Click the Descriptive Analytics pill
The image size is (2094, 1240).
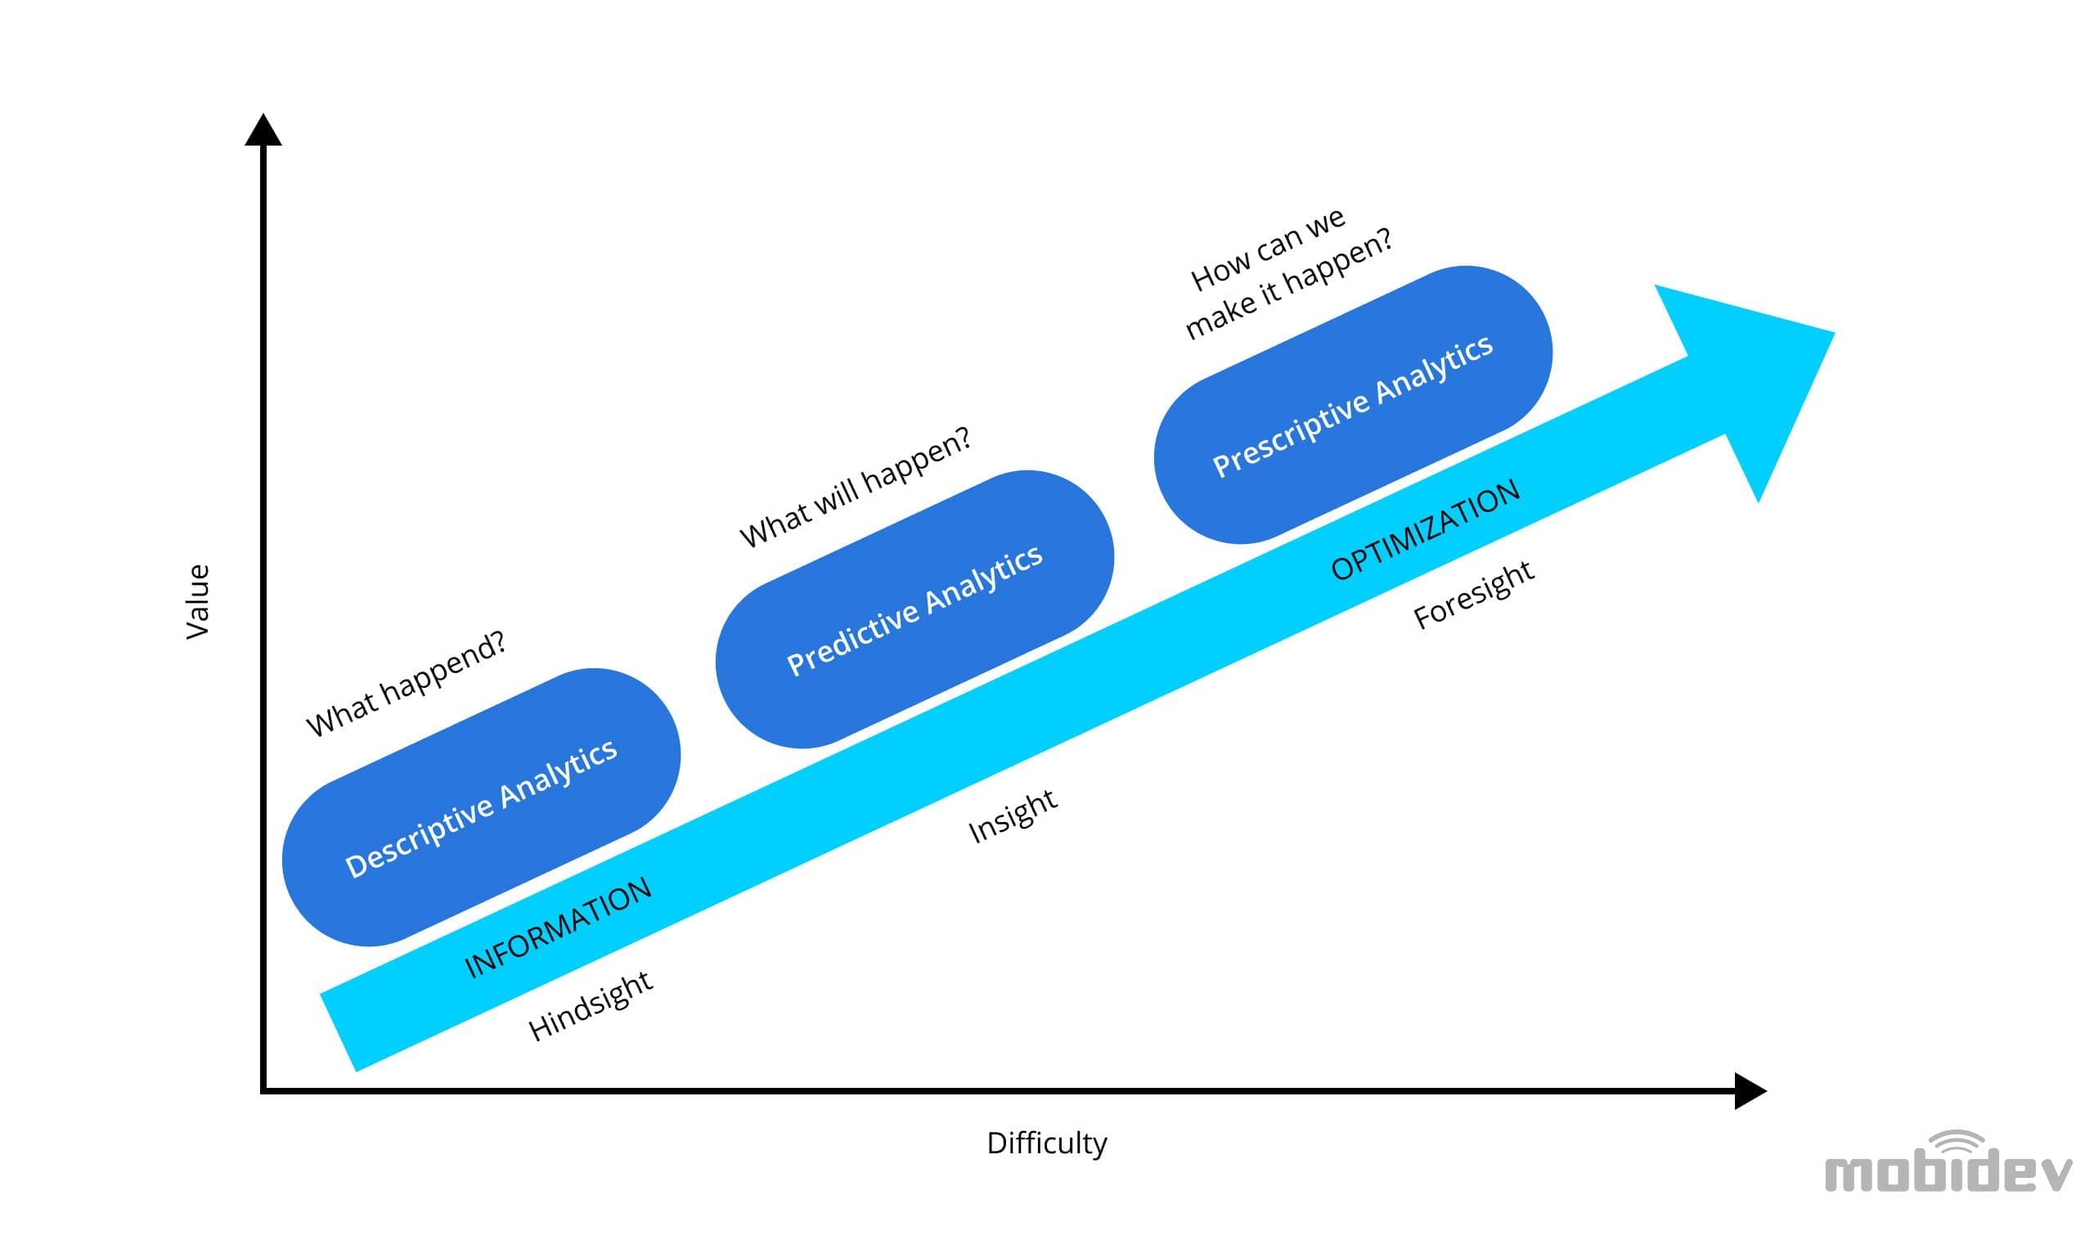(x=480, y=807)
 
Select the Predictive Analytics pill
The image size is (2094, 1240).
(x=914, y=609)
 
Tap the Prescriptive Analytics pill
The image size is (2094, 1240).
(x=1352, y=405)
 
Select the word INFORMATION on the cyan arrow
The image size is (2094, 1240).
(x=557, y=928)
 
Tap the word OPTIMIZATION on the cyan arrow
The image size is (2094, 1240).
(x=1425, y=531)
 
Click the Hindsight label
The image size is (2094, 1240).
(x=590, y=1006)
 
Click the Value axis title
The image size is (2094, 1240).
(x=197, y=602)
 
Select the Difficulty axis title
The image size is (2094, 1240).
(x=1046, y=1143)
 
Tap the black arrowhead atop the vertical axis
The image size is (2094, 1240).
(x=263, y=132)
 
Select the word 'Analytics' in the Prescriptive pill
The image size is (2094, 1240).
(x=1434, y=370)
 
